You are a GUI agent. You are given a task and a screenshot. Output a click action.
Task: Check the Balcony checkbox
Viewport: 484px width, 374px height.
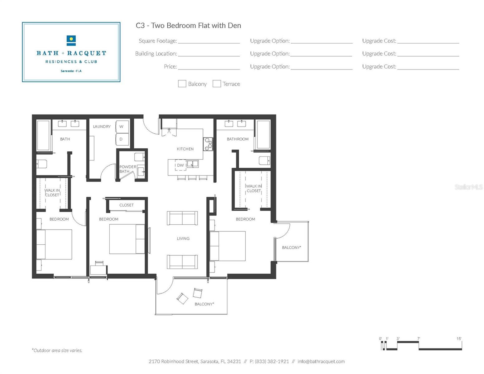tap(182, 84)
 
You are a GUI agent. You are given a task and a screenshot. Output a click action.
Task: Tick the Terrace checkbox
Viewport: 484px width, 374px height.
tap(217, 84)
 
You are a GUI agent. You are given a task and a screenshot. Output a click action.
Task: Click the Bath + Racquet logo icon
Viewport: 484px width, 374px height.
tap(71, 41)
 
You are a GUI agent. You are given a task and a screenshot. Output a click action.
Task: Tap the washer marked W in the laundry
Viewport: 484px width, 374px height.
tap(122, 127)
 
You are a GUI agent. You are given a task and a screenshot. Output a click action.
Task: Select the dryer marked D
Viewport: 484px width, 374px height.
tap(122, 139)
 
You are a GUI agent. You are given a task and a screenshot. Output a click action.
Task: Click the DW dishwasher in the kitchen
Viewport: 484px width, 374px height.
tap(180, 165)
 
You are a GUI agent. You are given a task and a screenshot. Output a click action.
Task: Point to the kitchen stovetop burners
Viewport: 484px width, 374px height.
tap(208, 144)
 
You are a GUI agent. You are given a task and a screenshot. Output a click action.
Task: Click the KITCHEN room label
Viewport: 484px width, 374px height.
tap(185, 149)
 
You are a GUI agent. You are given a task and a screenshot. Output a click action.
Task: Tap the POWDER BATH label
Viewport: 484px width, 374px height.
tap(128, 169)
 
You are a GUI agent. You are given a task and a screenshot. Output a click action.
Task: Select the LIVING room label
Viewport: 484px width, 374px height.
tap(183, 238)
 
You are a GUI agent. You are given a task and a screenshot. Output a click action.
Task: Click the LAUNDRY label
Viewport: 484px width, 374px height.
tap(102, 127)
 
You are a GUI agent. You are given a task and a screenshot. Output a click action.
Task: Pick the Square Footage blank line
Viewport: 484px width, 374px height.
tap(209, 43)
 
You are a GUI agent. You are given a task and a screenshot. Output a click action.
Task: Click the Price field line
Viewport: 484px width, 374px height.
tap(209, 69)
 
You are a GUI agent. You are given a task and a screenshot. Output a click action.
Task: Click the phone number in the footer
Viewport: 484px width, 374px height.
tap(269, 362)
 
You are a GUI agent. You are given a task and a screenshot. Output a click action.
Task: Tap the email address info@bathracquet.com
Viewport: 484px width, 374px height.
tap(321, 362)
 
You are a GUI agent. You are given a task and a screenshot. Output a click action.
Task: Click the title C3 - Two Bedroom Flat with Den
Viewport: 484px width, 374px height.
tap(189, 25)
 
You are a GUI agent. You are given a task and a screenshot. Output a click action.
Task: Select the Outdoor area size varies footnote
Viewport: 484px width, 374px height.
tap(57, 350)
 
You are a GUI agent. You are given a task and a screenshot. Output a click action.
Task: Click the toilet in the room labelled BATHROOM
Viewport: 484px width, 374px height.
tap(265, 161)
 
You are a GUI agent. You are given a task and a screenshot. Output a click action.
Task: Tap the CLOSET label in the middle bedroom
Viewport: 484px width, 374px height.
tap(127, 205)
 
